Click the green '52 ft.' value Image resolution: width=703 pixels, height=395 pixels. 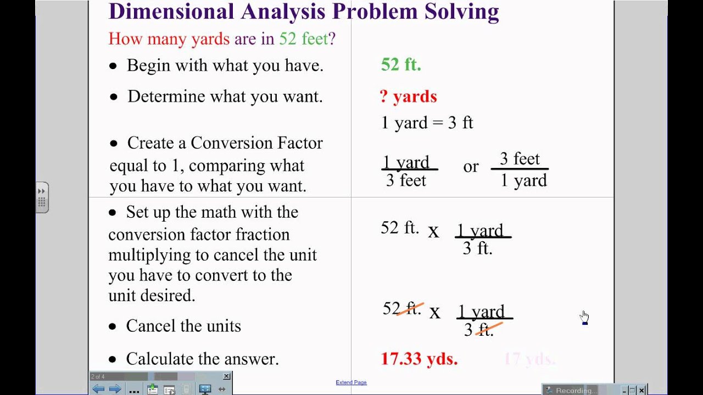click(x=401, y=65)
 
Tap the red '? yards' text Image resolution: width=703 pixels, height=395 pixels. click(x=408, y=97)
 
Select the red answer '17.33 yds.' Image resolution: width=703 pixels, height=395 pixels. click(x=419, y=359)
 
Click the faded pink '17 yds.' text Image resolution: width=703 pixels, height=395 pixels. click(x=529, y=359)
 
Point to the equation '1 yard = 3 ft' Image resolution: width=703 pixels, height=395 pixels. click(x=427, y=122)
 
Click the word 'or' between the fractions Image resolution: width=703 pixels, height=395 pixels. click(x=471, y=167)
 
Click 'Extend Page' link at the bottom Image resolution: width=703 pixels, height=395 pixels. click(x=351, y=382)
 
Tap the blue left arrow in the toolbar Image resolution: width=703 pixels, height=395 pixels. click(x=99, y=389)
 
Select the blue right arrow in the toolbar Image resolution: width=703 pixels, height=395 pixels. click(x=115, y=389)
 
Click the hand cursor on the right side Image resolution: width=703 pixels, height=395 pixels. click(x=584, y=317)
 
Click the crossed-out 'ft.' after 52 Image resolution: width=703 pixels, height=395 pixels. click(x=410, y=309)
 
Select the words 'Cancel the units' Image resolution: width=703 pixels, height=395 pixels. click(x=183, y=326)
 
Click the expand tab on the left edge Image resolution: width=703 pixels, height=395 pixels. click(x=42, y=197)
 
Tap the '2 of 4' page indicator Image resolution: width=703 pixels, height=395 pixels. click(x=98, y=376)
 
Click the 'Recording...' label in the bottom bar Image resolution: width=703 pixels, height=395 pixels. click(x=575, y=391)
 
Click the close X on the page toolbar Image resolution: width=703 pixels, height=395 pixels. click(x=226, y=376)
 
